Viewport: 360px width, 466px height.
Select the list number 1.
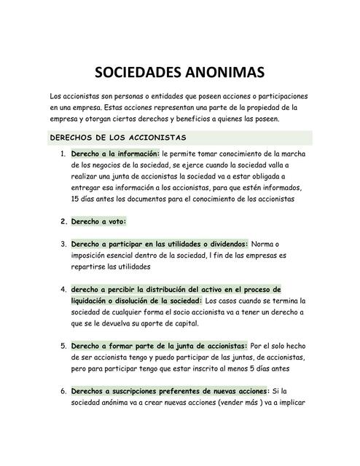pyautogui.click(x=63, y=154)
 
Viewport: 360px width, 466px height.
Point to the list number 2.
pyautogui.click(x=63, y=221)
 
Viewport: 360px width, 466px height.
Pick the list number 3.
pyautogui.click(x=63, y=244)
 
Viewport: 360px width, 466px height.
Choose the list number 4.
pyautogui.click(x=63, y=289)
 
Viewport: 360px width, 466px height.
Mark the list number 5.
pyautogui.click(x=63, y=346)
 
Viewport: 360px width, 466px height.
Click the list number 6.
pyautogui.click(x=63, y=391)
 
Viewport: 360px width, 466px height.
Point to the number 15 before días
pyautogui.click(x=76, y=198)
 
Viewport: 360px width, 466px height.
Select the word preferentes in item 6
pyautogui.click(x=186, y=391)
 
